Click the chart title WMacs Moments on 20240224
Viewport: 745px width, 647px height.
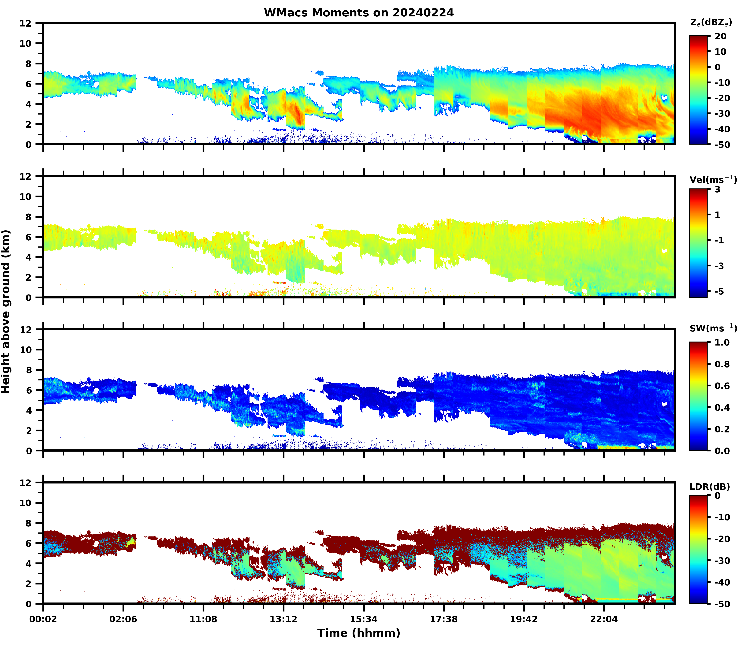pyautogui.click(x=359, y=13)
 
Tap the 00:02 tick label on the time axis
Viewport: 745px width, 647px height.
pyautogui.click(x=43, y=619)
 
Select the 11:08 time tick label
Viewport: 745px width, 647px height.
pyautogui.click(x=203, y=619)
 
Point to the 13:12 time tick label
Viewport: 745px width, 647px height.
pyautogui.click(x=283, y=619)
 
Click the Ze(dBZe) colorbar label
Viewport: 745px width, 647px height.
pyautogui.click(x=711, y=22)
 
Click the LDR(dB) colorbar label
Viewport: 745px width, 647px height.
pyautogui.click(x=710, y=487)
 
